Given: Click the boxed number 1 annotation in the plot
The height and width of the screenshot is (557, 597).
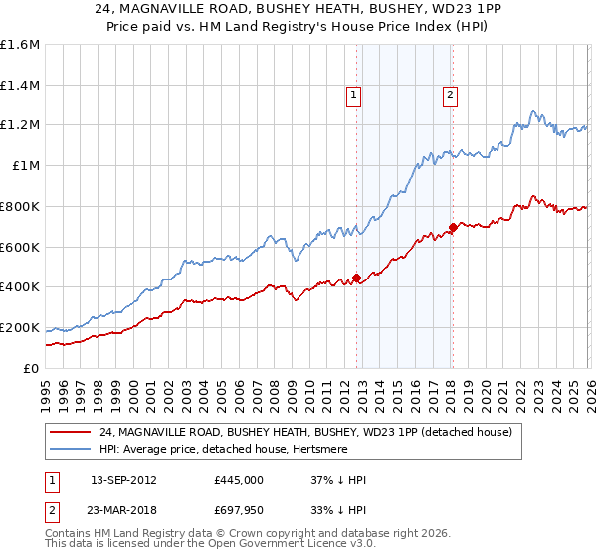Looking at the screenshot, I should pyautogui.click(x=353, y=95).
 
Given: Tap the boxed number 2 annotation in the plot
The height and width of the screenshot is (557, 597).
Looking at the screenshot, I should pyautogui.click(x=450, y=95).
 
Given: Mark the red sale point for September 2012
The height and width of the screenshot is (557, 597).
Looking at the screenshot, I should pyautogui.click(x=356, y=278).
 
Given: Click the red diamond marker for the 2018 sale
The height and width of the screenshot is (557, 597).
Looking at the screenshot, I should pyautogui.click(x=453, y=227).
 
